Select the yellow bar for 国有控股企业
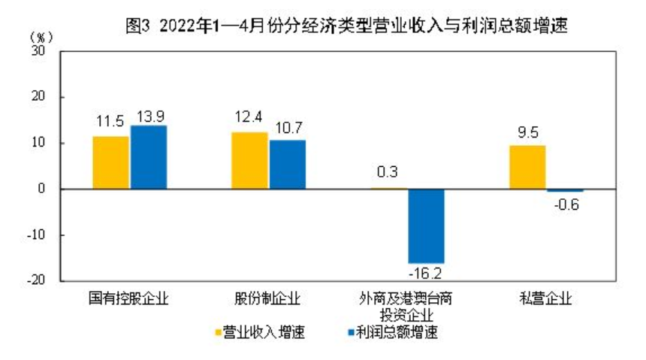click(x=110, y=162)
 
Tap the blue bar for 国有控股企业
click(x=149, y=157)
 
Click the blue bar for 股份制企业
click(x=288, y=165)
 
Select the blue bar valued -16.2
click(x=426, y=225)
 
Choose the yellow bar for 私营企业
click(x=527, y=167)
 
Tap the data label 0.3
click(x=388, y=172)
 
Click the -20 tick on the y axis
click(x=37, y=280)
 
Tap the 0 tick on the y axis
click(x=43, y=189)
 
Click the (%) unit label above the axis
click(x=41, y=36)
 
